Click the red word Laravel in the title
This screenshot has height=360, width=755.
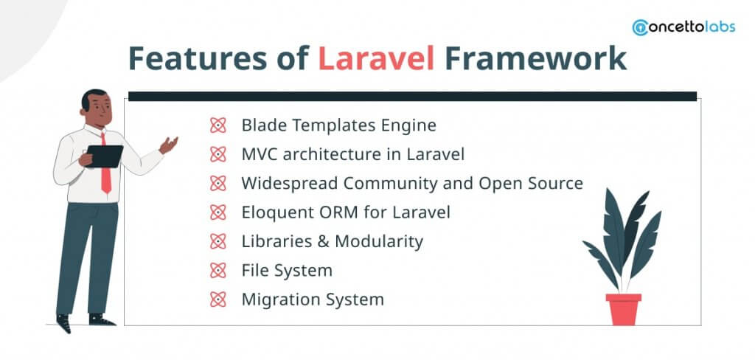click(376, 58)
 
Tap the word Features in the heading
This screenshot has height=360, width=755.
click(198, 58)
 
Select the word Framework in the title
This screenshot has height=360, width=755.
click(535, 58)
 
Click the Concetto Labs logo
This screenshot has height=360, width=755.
click(683, 27)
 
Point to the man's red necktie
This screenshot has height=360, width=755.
click(105, 164)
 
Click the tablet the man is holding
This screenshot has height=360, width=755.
click(105, 156)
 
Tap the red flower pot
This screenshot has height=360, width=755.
click(624, 309)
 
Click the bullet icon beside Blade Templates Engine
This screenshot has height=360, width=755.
click(218, 126)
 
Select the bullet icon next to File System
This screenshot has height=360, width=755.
click(218, 270)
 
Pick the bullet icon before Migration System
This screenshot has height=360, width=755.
click(218, 300)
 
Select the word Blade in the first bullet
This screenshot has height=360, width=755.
click(264, 126)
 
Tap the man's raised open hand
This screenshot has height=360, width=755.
click(169, 145)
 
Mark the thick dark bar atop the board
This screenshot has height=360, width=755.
click(413, 97)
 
